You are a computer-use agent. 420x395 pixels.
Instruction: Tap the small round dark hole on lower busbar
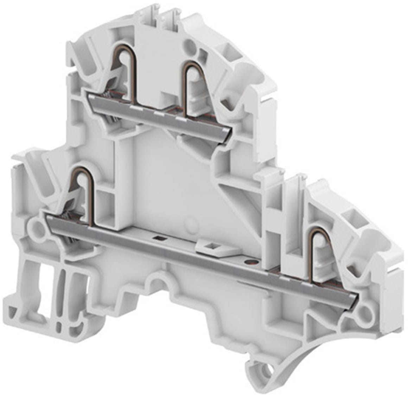click(250, 262)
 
